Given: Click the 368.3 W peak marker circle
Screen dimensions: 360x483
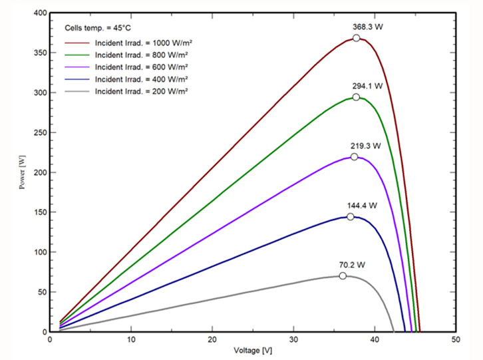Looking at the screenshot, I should (357, 38).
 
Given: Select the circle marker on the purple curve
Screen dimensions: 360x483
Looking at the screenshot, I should (354, 157).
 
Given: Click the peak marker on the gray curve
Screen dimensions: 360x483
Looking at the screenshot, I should (343, 275).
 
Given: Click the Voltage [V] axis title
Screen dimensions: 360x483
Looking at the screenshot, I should (253, 350).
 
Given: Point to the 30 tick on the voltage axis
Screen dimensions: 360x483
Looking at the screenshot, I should (293, 339).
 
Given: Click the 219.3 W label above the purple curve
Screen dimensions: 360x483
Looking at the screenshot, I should (365, 145).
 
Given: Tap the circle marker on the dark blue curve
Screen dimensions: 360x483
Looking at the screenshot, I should (351, 216).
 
